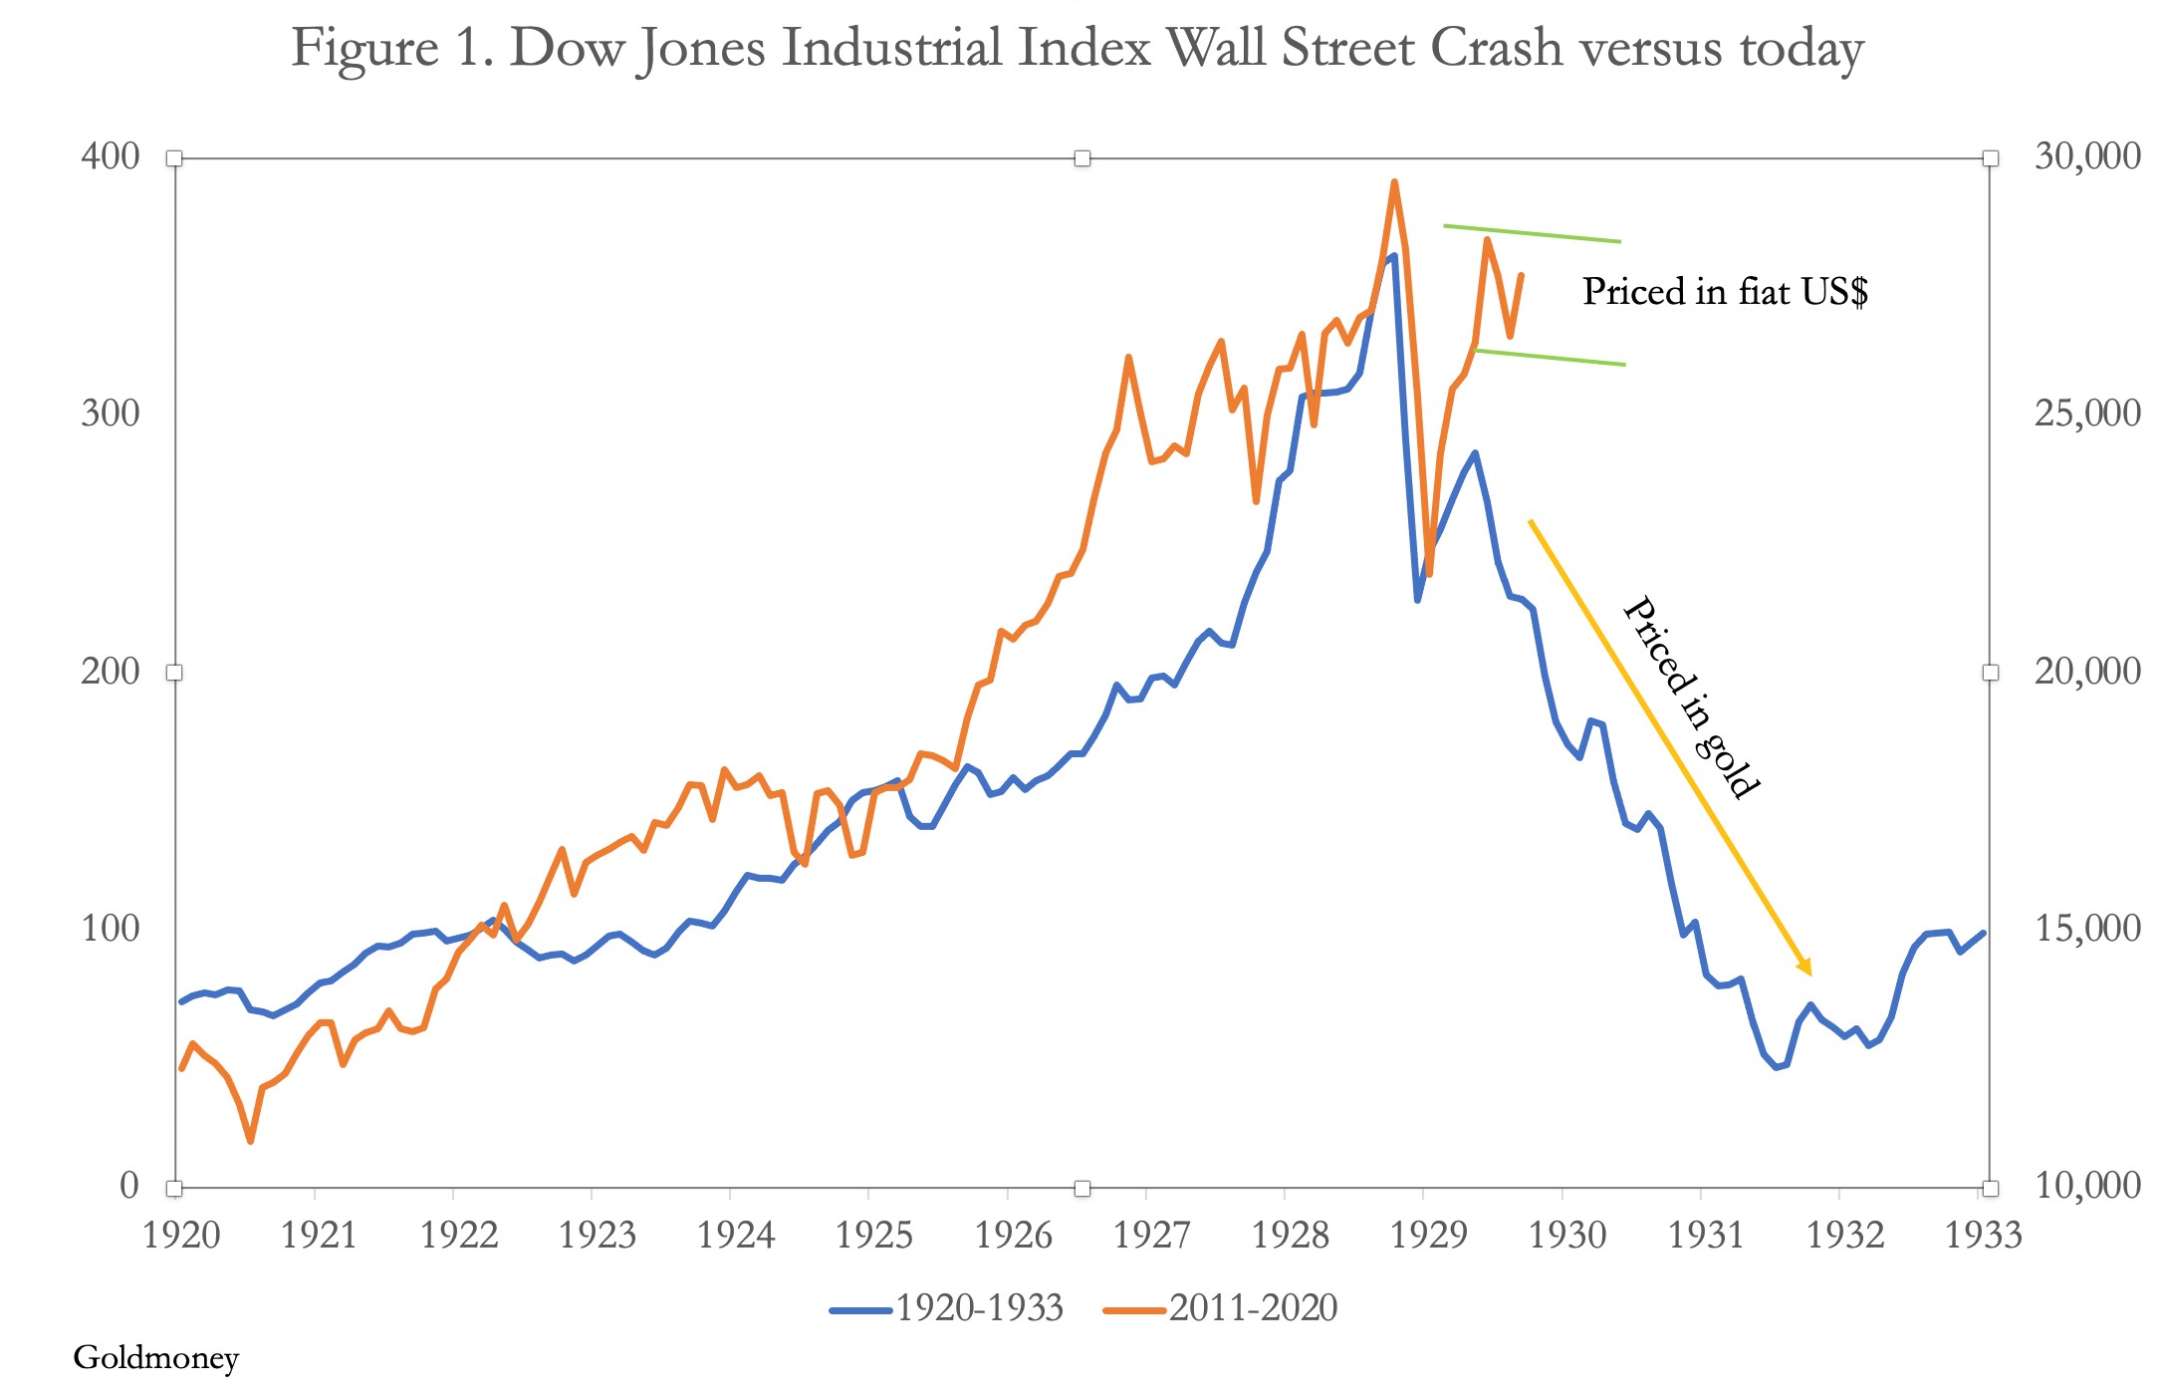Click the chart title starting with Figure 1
(1077, 48)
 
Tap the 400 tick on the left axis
(111, 156)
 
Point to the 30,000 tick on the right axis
(2087, 156)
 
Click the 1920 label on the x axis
(181, 1235)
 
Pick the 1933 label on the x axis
(1983, 1235)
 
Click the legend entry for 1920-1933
(947, 1308)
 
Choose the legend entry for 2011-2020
(1221, 1308)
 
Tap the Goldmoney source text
(156, 1357)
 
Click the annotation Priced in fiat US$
(1725, 292)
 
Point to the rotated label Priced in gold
(1691, 697)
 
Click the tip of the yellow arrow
(1809, 974)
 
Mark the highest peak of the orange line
(1394, 182)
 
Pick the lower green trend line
(1549, 358)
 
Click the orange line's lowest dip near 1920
(250, 1141)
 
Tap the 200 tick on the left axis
(111, 672)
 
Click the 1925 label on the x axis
(874, 1235)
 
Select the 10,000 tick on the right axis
(2087, 1186)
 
